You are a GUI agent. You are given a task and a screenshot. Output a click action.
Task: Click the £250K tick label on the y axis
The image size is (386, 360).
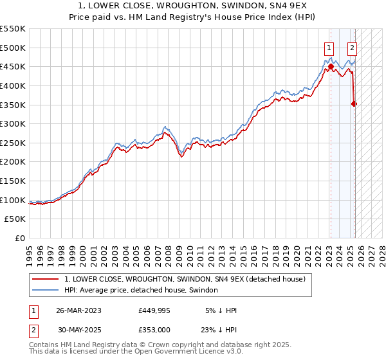point(13,143)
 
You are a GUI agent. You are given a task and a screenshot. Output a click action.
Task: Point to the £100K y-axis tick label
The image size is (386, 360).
point(13,200)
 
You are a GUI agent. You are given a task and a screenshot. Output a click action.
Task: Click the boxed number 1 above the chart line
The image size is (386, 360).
point(329,47)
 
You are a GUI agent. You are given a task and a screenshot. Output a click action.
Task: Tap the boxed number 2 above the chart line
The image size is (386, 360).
point(353,47)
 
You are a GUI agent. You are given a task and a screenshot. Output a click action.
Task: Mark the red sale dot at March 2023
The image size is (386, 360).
point(331,66)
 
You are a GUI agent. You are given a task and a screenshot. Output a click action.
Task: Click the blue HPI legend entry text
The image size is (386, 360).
point(141,290)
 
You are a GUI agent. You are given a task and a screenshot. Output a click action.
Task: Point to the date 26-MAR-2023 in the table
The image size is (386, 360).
point(79,310)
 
